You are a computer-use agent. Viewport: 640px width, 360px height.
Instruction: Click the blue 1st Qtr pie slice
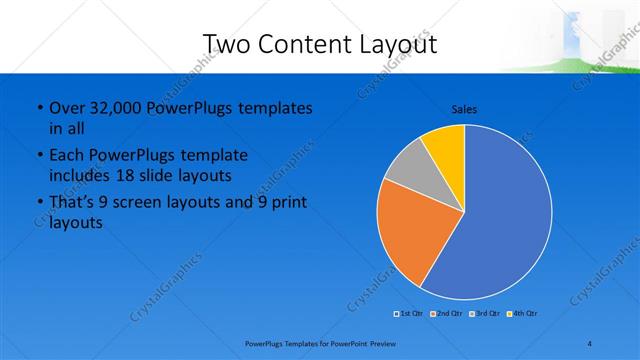pos(500,220)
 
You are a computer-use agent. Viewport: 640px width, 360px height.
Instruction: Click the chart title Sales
pos(464,109)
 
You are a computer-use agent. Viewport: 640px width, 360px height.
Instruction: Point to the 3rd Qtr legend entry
pos(485,314)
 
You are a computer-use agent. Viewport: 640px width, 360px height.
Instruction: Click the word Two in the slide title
pos(227,44)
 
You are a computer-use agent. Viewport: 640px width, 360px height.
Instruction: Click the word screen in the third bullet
pos(139,202)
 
